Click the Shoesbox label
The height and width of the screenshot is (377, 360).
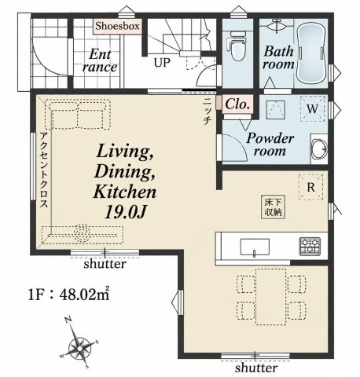(117, 26)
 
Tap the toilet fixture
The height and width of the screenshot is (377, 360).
(237, 46)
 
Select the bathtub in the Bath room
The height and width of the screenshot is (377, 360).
(311, 55)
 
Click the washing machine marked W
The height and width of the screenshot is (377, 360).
(312, 109)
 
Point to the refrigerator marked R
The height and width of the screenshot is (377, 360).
(310, 188)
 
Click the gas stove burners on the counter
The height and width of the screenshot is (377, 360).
(310, 247)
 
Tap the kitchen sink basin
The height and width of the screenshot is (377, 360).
(255, 247)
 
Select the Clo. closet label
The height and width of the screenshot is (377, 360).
(237, 104)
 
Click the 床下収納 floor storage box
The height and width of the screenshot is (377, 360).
(274, 207)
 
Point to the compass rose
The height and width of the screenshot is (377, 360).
(79, 348)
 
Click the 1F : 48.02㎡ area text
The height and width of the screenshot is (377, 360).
(68, 295)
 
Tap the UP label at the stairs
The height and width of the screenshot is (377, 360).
(162, 63)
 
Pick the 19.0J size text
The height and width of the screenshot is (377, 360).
(125, 212)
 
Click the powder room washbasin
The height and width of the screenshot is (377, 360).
(319, 149)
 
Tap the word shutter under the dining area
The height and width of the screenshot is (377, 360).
(256, 368)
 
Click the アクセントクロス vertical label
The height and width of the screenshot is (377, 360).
(44, 170)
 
